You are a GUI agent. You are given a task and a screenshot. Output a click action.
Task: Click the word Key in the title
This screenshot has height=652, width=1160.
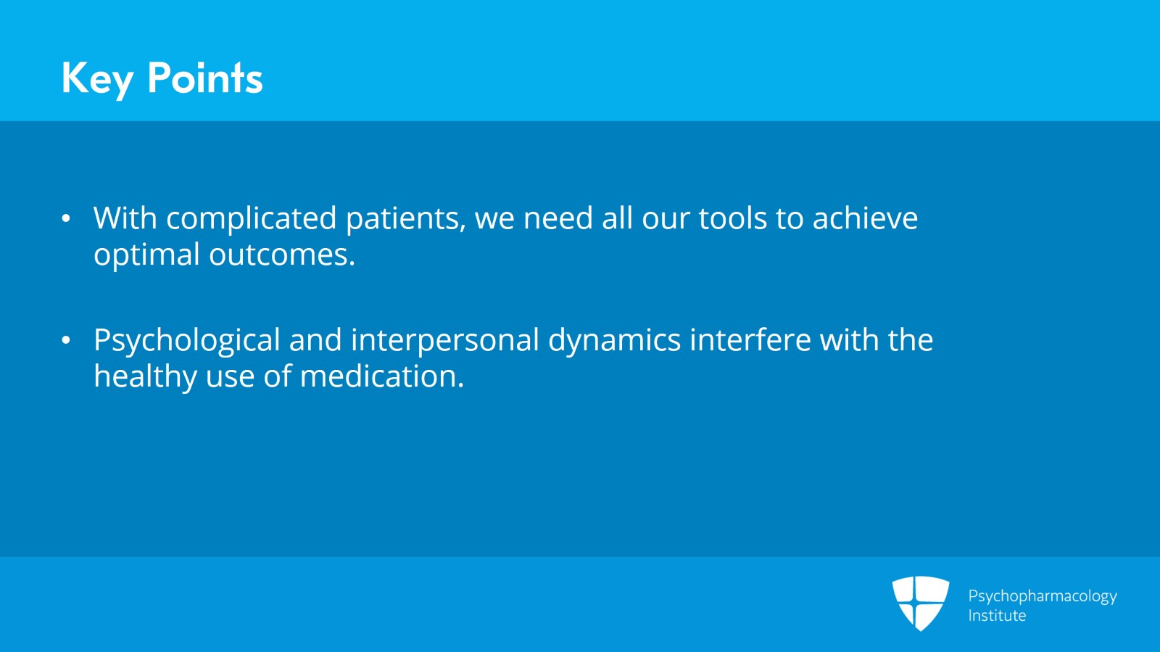tap(98, 79)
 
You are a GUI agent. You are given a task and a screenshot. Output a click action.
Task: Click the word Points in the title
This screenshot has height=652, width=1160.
tap(205, 78)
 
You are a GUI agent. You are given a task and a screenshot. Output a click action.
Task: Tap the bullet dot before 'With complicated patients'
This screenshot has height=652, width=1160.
tap(66, 218)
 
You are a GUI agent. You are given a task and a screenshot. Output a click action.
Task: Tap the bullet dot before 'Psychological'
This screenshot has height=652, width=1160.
tap(66, 340)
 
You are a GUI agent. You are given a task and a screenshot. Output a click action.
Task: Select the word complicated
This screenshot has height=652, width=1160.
tap(251, 219)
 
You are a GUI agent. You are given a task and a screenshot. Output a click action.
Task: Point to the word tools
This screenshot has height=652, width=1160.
tap(733, 218)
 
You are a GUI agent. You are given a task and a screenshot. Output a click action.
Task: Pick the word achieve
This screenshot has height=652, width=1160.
tap(865, 218)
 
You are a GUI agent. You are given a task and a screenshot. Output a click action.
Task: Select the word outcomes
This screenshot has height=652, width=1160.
tap(282, 255)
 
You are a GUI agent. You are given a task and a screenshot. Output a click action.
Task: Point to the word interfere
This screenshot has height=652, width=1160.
tap(750, 339)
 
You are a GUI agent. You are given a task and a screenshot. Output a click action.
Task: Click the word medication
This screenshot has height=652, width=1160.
tap(382, 376)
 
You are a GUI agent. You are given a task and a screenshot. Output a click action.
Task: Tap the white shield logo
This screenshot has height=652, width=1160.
tap(920, 603)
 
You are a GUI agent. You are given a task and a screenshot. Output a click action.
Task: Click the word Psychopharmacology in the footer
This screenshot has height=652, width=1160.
tap(1043, 597)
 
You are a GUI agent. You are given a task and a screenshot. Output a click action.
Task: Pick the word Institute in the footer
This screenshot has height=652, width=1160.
tap(997, 615)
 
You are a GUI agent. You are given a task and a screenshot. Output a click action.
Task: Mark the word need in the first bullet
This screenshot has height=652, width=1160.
tap(558, 218)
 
